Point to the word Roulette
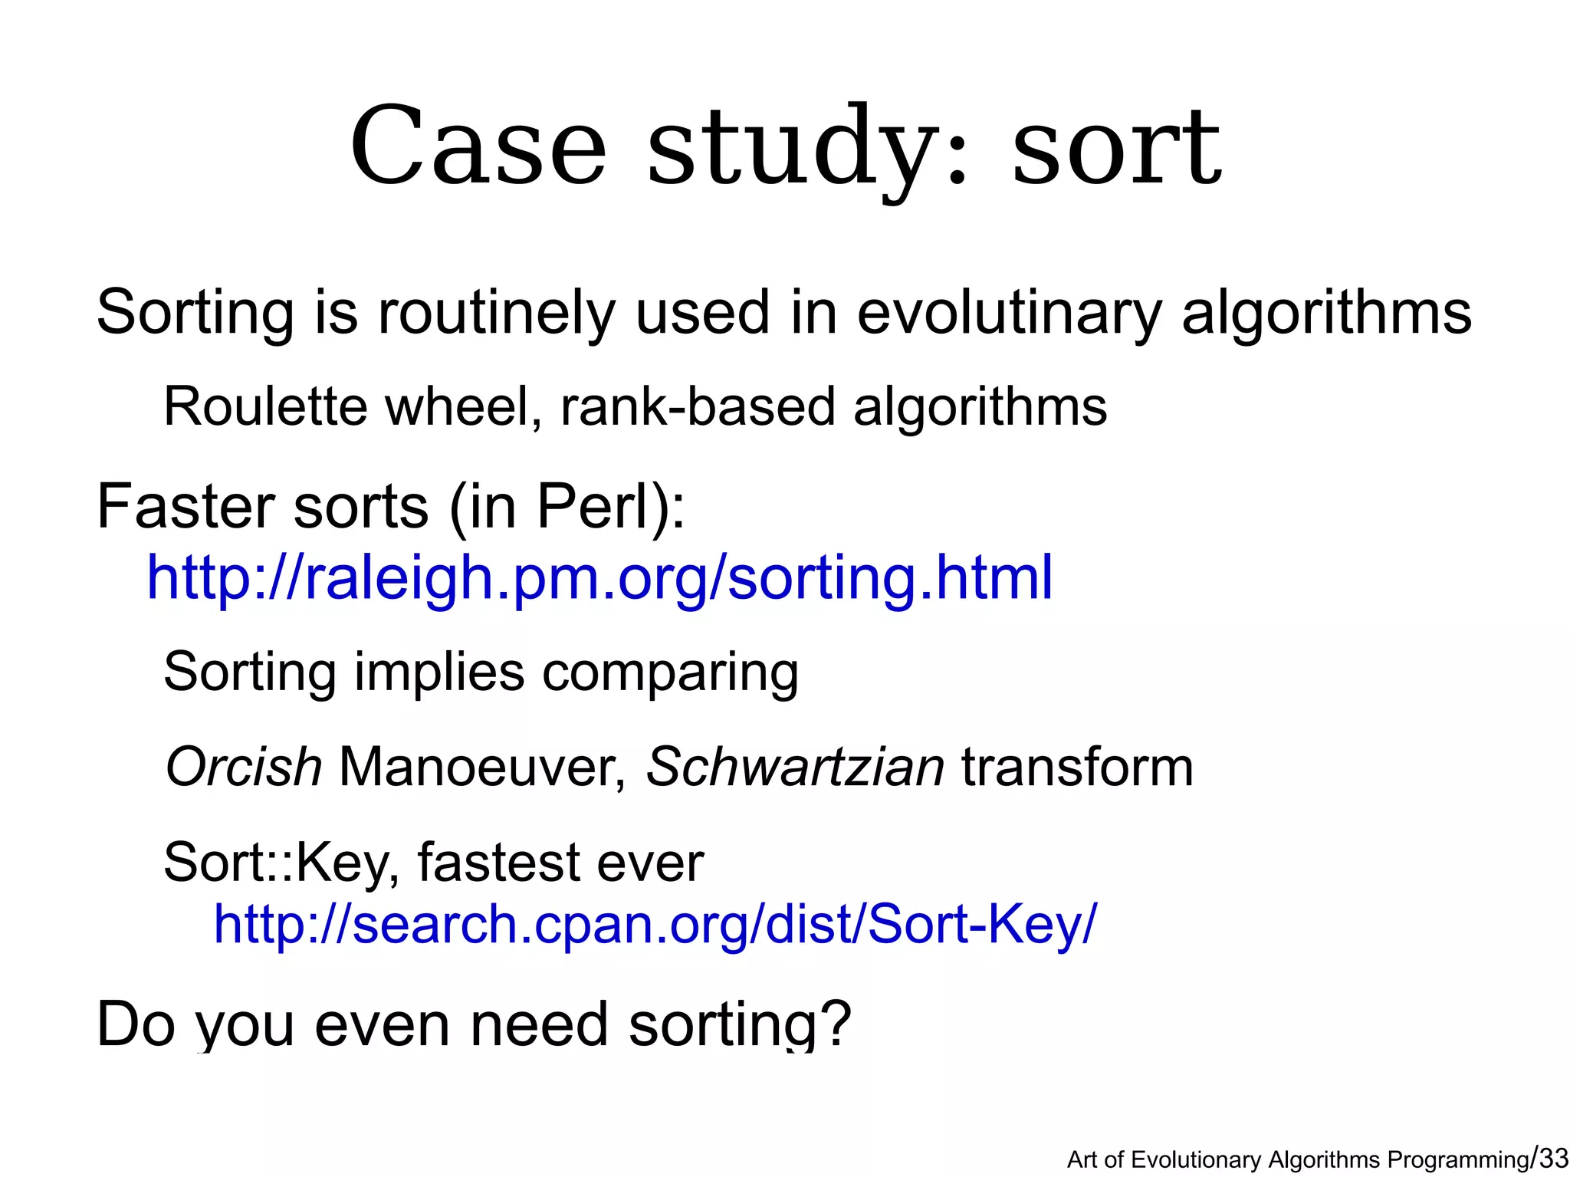point(265,406)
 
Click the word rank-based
point(698,406)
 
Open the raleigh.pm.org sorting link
point(599,577)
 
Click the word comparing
point(670,672)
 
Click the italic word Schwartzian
point(795,767)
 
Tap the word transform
point(1077,767)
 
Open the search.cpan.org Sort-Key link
point(655,924)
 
